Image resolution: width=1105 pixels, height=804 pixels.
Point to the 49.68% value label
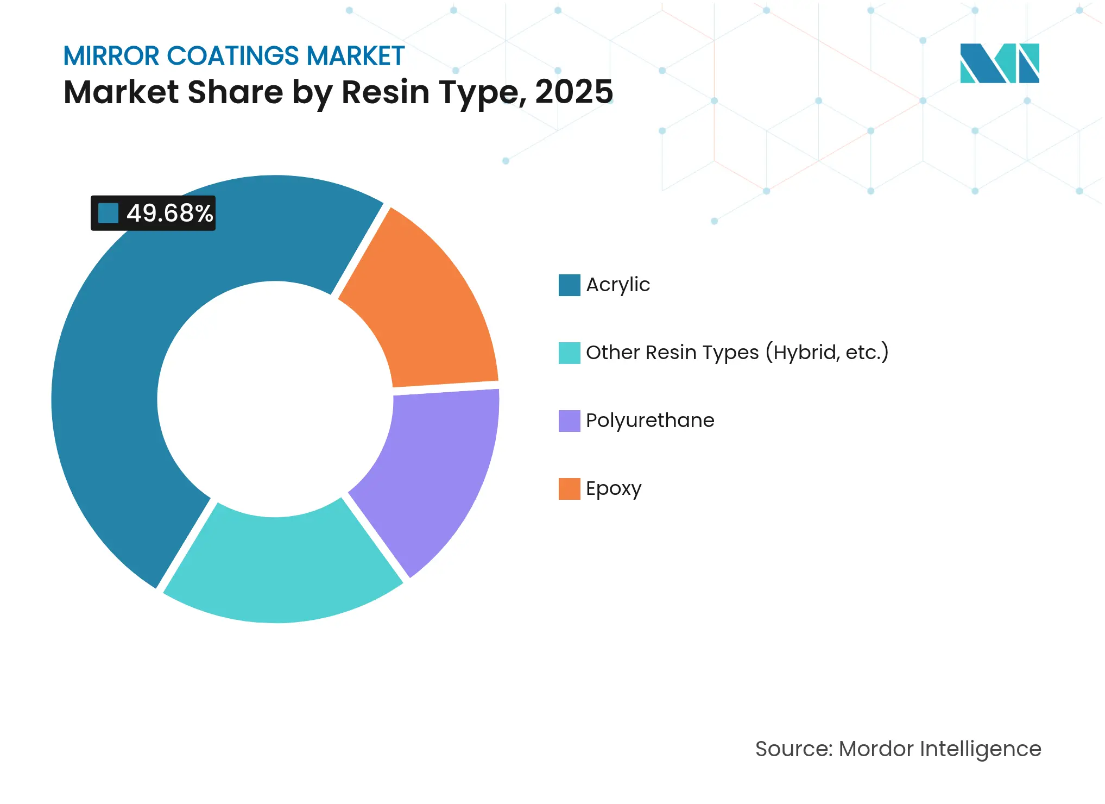click(169, 213)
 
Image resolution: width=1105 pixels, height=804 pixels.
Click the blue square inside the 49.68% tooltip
click(108, 213)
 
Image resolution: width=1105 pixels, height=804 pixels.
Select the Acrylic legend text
click(617, 285)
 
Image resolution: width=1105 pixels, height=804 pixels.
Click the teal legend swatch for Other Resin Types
click(569, 353)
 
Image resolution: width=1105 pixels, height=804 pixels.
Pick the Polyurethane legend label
click(649, 420)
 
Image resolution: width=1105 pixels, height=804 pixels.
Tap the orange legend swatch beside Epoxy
click(569, 488)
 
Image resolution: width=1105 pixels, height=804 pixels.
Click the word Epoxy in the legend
click(613, 488)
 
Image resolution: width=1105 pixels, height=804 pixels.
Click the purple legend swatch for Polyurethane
click(569, 420)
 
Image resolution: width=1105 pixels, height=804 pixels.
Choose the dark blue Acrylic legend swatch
click(569, 285)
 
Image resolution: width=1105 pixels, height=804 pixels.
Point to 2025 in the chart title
click(573, 92)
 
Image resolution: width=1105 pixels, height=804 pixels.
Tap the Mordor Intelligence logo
click(999, 63)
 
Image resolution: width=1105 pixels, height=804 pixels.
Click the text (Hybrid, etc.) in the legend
click(826, 353)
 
